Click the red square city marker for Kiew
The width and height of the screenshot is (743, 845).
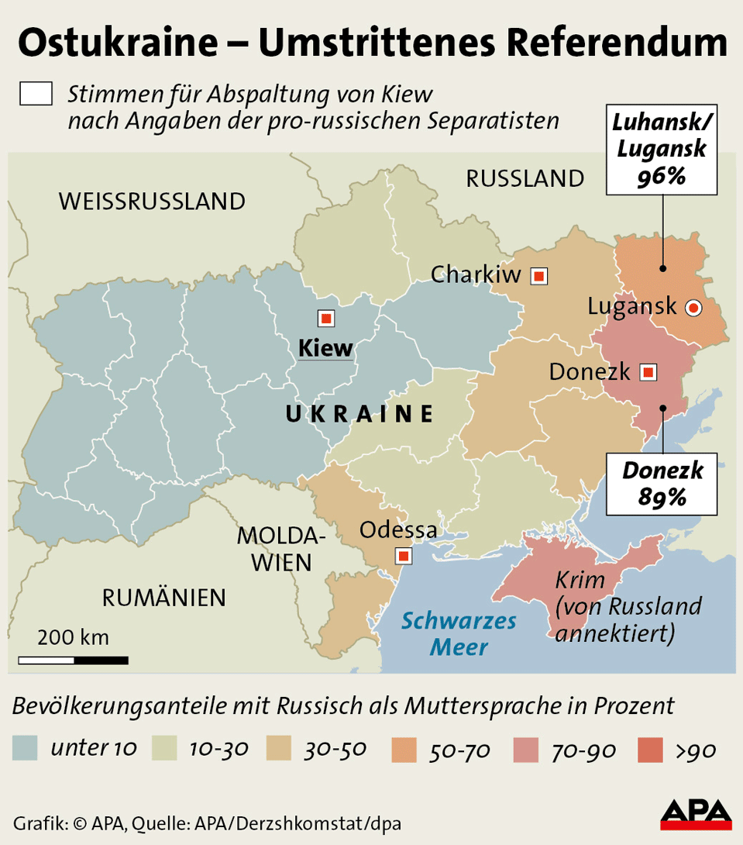coord(326,319)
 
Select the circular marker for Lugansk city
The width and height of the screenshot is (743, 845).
coord(693,308)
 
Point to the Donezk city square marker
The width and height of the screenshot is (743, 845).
coord(648,372)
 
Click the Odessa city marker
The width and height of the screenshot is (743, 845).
coord(403,556)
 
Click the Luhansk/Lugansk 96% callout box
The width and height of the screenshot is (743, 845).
coord(661,151)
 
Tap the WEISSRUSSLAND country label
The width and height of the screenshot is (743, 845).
coord(152,202)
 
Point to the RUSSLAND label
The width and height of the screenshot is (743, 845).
coord(525,179)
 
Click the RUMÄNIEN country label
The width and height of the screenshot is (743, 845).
coord(164,598)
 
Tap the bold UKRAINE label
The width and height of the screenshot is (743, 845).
coord(359,415)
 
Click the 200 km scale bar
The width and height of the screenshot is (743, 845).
coord(73,660)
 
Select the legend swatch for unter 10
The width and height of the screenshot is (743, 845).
coord(26,749)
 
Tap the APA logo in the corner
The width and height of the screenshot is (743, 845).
coord(696,812)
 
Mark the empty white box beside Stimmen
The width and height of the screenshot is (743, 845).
coord(36,94)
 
